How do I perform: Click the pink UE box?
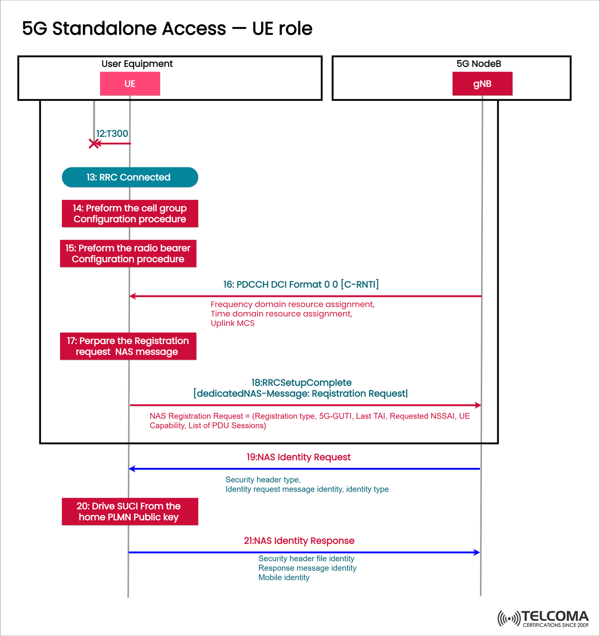(x=130, y=83)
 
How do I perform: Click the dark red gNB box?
(x=482, y=83)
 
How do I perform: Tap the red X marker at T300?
(x=93, y=144)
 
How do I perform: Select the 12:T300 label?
(x=112, y=133)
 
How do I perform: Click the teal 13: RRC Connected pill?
(x=129, y=177)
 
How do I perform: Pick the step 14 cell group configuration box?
(x=129, y=213)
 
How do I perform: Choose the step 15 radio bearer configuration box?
(x=128, y=253)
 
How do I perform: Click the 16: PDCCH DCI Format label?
(x=300, y=284)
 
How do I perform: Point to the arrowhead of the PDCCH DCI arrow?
(x=132, y=296)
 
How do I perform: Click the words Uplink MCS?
(x=232, y=323)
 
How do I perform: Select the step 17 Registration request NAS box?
(x=128, y=346)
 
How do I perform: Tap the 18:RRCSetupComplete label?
(x=301, y=382)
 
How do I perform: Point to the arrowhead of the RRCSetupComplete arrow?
(x=478, y=405)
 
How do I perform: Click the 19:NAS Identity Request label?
(x=298, y=457)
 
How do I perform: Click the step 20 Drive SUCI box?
(x=129, y=511)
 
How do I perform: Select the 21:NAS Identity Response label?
(x=299, y=540)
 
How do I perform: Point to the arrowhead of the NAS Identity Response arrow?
(x=477, y=552)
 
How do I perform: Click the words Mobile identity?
(x=283, y=577)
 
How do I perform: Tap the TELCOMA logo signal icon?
(x=508, y=618)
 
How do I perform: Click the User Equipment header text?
(x=137, y=63)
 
